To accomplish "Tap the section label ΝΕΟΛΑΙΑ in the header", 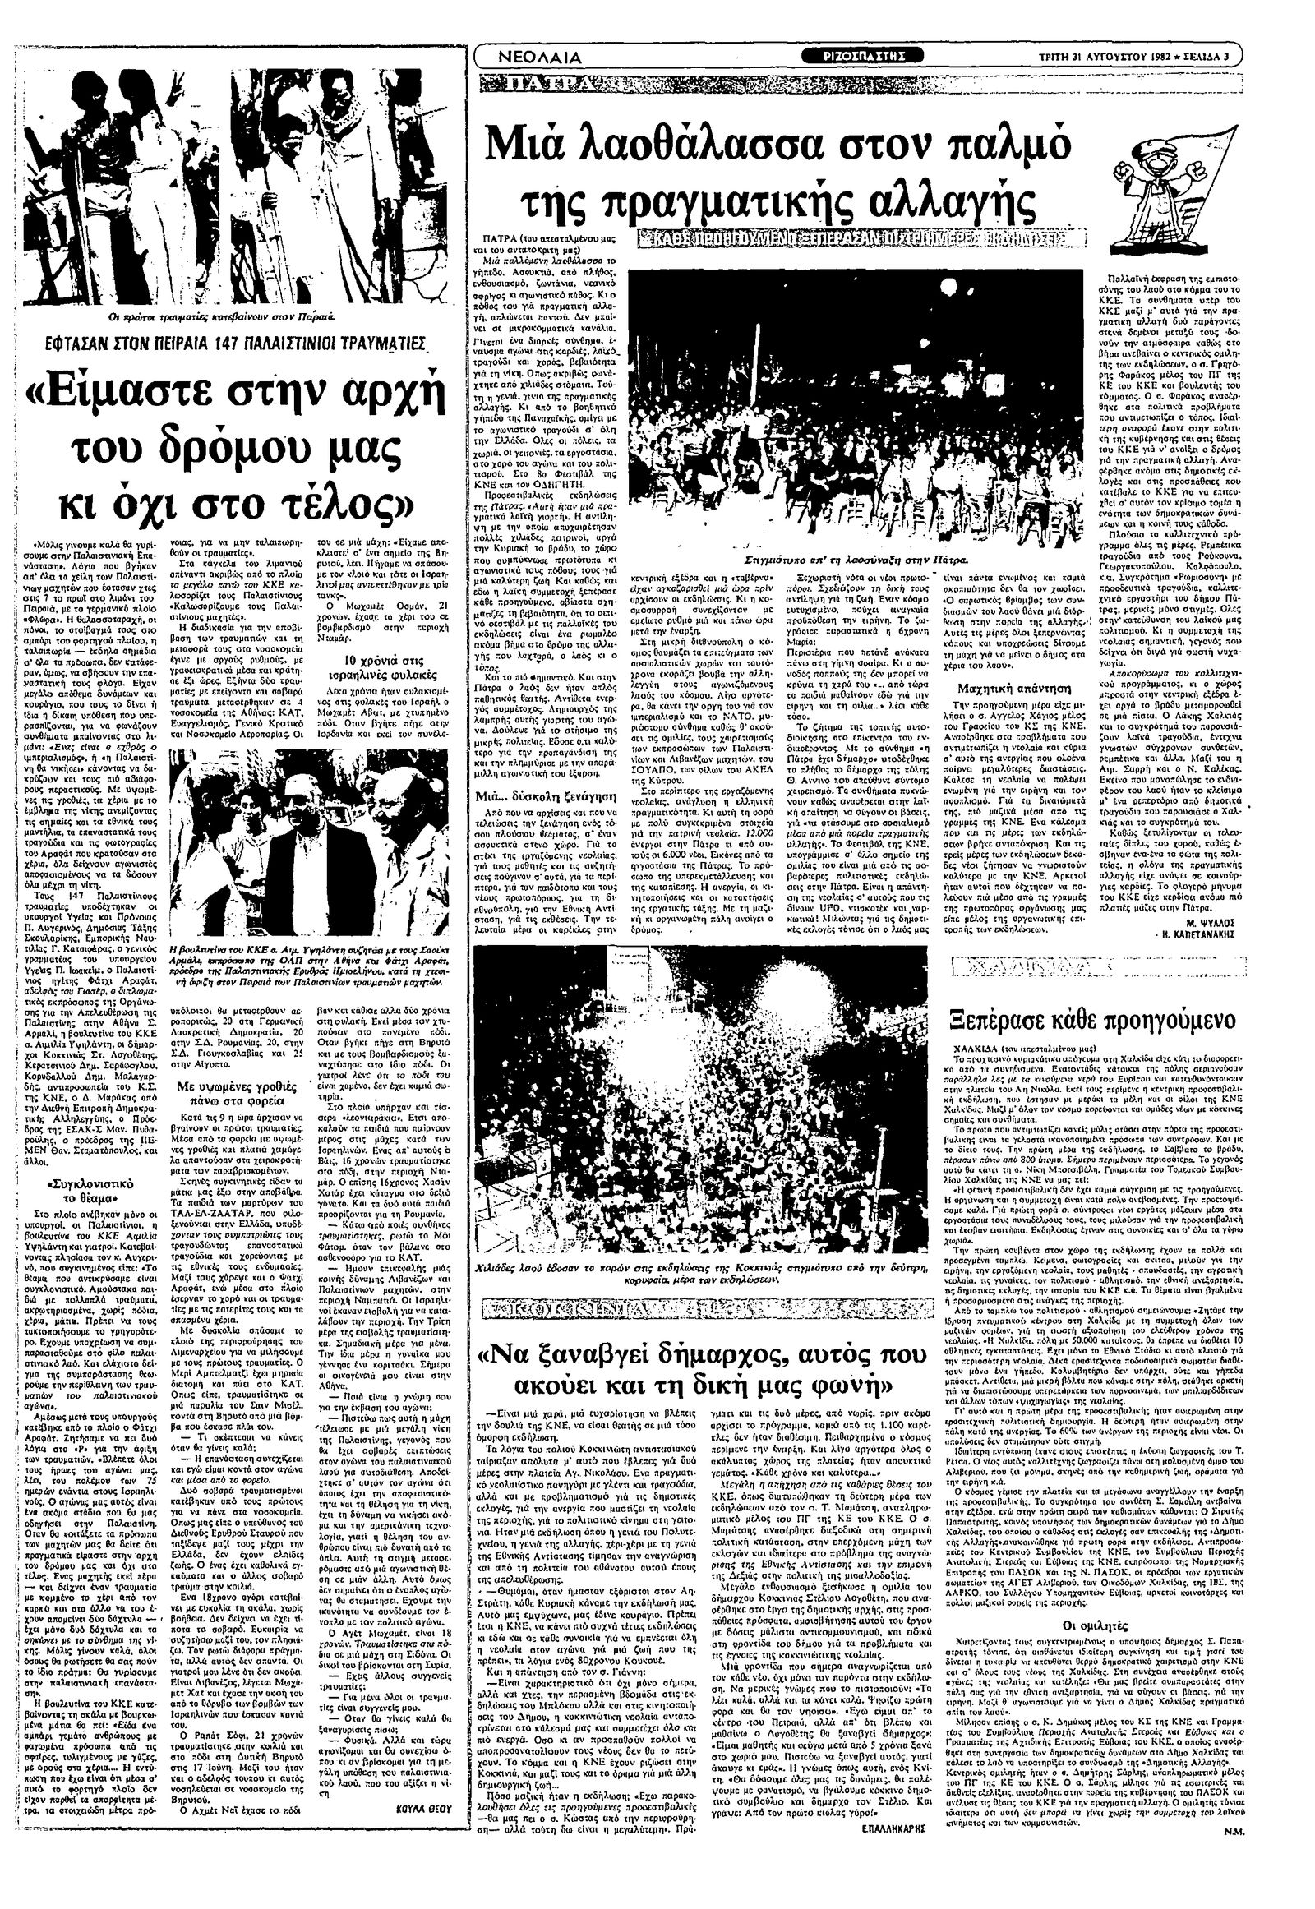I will [541, 57].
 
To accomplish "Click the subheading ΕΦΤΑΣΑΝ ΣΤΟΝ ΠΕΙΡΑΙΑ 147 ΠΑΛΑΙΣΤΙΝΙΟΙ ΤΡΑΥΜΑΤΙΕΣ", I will [228, 343].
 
